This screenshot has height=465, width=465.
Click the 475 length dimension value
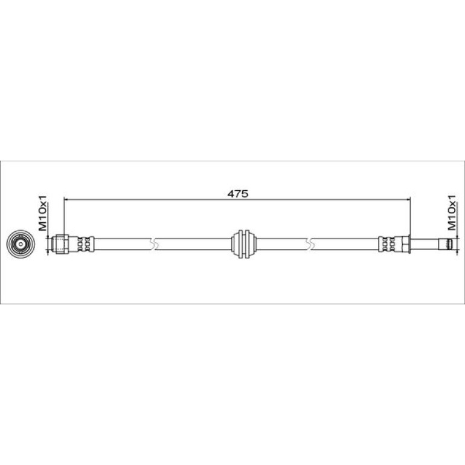pos(237,194)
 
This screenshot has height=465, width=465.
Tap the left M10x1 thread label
pos(43,213)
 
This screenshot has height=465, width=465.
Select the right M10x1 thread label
pos(451,213)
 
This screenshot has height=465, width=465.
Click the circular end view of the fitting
pos(21,245)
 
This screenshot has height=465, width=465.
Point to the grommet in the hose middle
pos(243,244)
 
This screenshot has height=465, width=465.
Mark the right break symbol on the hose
pos(311,244)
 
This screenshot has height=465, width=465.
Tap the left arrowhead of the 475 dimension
pos(66,200)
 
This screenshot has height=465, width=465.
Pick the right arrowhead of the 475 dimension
pos(408,200)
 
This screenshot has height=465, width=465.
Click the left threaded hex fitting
pos(60,244)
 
